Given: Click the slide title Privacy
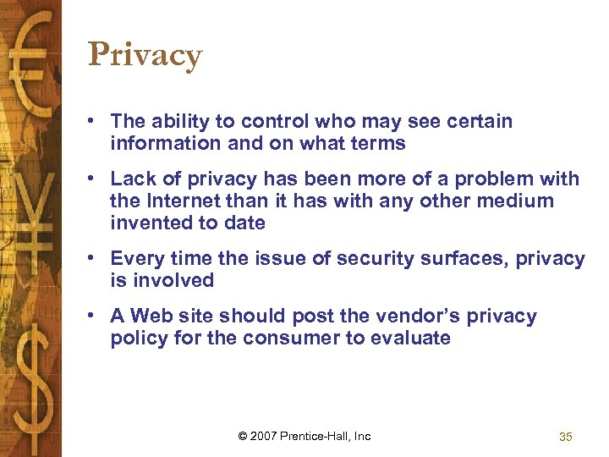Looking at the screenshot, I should [145, 56].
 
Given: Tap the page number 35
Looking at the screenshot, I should [566, 437].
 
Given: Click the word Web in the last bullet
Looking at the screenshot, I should [151, 316].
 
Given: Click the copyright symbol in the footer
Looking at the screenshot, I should [243, 436].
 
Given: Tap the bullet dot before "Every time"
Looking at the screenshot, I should [98, 258].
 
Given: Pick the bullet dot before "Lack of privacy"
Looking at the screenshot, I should [98, 179].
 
